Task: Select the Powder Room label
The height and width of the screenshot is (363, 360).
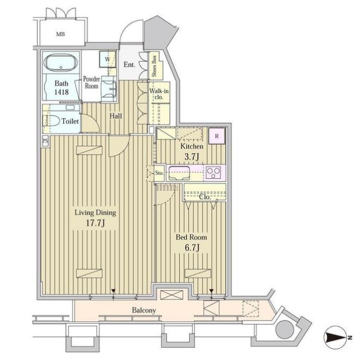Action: pyautogui.click(x=91, y=82)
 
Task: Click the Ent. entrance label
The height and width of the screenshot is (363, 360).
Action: pyautogui.click(x=129, y=65)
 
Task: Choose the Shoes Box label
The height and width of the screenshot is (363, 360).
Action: pyautogui.click(x=153, y=66)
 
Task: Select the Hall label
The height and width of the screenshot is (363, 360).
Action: pyautogui.click(x=117, y=116)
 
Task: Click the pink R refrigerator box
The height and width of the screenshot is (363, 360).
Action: pyautogui.click(x=217, y=136)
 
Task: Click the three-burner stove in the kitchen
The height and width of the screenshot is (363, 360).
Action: pyautogui.click(x=213, y=172)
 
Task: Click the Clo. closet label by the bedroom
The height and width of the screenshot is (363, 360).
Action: pyautogui.click(x=205, y=197)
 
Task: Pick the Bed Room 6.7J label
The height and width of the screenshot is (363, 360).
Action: pyautogui.click(x=191, y=242)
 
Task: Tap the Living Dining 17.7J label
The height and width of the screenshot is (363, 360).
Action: pyautogui.click(x=95, y=218)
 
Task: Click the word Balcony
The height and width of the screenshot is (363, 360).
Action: pyautogui.click(x=143, y=310)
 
